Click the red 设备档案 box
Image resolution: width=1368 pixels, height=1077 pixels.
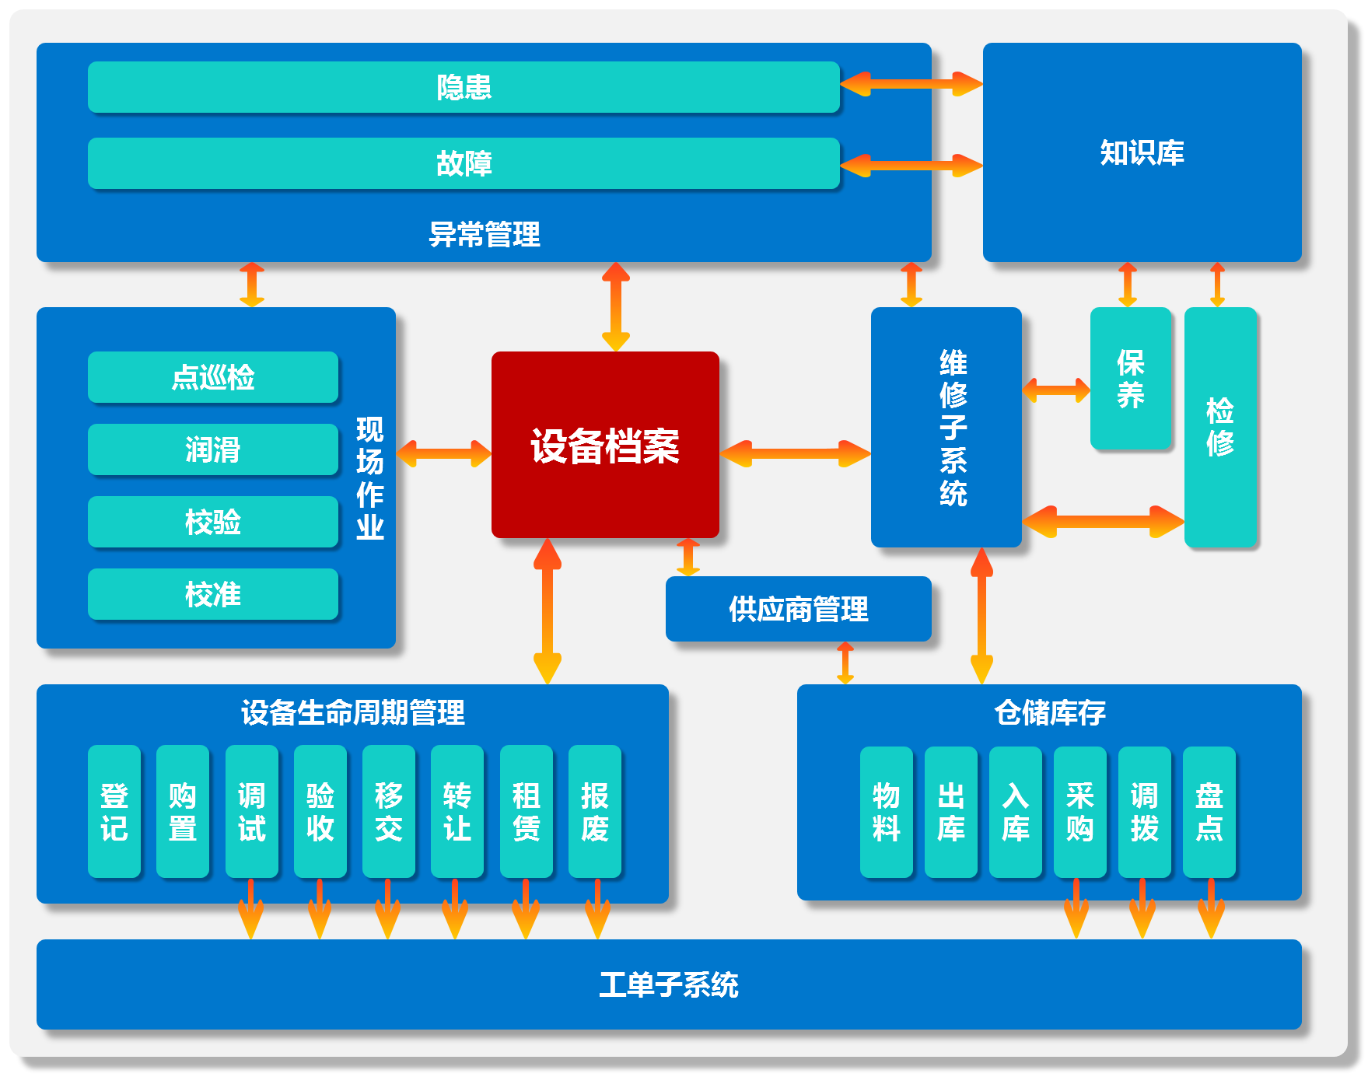point(605,445)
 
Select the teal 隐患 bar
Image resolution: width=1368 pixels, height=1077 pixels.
point(464,87)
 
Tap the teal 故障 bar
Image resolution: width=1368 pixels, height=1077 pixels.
point(464,163)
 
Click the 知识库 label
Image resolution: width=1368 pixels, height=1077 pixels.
point(1142,152)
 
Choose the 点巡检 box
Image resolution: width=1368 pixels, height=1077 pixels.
point(213,377)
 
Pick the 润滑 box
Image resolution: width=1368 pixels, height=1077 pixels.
point(213,449)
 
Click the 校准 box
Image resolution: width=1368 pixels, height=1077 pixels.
point(213,594)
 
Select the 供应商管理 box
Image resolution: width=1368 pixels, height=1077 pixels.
point(798,609)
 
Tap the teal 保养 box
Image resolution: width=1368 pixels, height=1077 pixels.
point(1130,379)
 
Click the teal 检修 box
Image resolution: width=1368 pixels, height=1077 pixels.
point(1219,427)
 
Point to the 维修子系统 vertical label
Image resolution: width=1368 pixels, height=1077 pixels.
point(953,428)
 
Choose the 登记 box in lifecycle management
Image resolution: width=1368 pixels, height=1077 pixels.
point(114,811)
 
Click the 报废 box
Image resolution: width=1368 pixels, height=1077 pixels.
point(595,811)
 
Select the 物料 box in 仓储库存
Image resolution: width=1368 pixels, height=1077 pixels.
point(886,812)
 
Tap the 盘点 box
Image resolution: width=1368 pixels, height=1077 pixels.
point(1209,812)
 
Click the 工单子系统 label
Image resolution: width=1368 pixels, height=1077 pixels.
point(669,984)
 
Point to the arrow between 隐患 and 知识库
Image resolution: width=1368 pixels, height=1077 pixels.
point(911,84)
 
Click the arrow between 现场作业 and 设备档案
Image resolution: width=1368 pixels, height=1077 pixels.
point(443,453)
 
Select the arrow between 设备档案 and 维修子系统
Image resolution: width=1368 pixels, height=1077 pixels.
point(795,453)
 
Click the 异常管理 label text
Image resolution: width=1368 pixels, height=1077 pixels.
point(484,234)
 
